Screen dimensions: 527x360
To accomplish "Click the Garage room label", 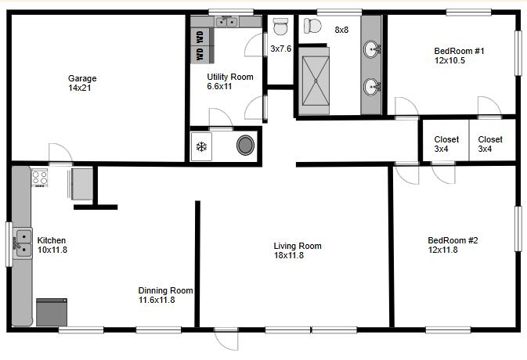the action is pos(82,78).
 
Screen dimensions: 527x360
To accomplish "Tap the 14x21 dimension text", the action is pos(80,88).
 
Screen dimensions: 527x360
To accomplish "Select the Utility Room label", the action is pos(230,77).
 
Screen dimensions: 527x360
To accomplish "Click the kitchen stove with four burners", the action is pos(39,178).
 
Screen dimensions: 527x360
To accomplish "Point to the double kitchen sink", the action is pos(23,243).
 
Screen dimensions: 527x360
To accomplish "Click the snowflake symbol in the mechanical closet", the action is pos(201,146).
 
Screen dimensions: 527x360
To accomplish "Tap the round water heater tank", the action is pos(245,145).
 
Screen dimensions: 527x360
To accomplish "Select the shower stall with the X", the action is pos(316,81).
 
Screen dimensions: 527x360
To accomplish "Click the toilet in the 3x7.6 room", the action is pos(280,26).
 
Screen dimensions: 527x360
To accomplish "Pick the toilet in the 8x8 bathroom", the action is pos(312,26).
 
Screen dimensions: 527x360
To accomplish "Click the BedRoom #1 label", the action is pos(459,51).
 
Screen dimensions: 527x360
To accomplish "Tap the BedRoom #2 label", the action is pos(453,240).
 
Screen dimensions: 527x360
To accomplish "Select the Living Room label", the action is pos(298,247).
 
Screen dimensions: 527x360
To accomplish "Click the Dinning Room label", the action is pos(165,290).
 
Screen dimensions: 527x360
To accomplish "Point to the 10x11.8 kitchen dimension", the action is pos(52,250).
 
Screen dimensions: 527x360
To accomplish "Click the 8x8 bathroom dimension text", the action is pos(341,30).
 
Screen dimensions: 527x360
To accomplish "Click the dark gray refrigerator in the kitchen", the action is pos(52,312).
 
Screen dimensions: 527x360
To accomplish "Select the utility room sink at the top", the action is pos(227,22).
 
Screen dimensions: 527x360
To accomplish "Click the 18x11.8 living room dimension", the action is pos(289,256).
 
